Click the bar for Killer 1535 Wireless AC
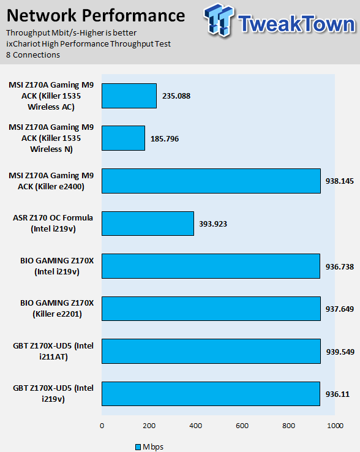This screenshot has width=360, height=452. (129, 96)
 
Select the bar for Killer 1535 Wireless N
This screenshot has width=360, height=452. (123, 138)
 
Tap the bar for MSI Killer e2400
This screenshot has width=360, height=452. (211, 181)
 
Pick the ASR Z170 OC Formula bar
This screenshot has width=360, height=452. (148, 224)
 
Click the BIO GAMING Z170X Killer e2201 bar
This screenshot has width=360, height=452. (211, 309)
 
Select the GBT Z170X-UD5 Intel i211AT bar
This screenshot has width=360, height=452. (211, 351)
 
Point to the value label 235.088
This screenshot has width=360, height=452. (176, 96)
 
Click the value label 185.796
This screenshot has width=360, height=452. (165, 139)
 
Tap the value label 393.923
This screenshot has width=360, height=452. (213, 224)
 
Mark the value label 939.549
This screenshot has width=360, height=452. (340, 352)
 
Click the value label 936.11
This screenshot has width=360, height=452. (337, 394)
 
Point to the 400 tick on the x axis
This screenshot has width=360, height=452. (196, 426)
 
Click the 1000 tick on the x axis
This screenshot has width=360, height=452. (336, 426)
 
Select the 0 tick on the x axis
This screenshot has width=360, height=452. (102, 426)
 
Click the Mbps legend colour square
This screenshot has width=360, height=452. (138, 447)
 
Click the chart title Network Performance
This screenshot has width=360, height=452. (96, 15)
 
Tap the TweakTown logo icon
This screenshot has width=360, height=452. (218, 20)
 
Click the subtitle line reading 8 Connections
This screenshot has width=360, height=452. (33, 55)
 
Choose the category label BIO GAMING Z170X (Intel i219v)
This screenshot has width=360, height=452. (57, 266)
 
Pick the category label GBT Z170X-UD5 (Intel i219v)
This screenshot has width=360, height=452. (53, 393)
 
